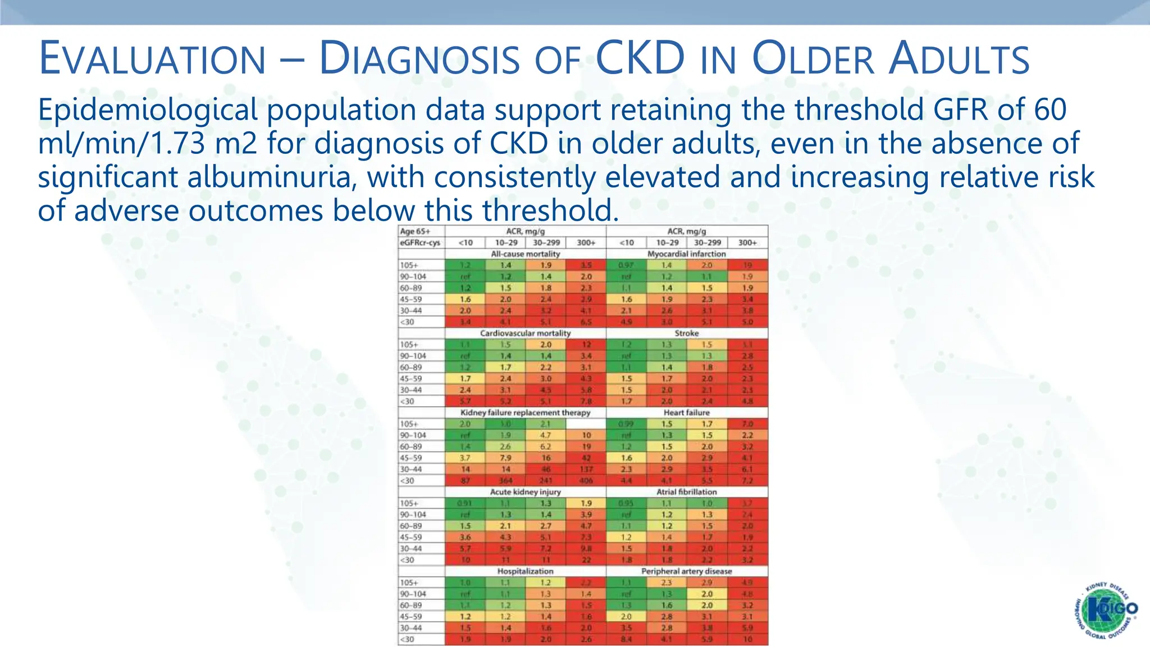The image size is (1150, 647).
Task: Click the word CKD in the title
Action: (640, 58)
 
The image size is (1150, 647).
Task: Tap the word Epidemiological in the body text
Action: (148, 110)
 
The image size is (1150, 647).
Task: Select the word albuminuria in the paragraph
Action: (274, 177)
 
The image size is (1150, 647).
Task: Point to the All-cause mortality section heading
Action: (525, 254)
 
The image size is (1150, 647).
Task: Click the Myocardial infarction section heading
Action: (686, 254)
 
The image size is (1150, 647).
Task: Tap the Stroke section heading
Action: (686, 333)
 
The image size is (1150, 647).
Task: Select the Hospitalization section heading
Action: (525, 571)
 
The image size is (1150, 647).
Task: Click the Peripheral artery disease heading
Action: (686, 571)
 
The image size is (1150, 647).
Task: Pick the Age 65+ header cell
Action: (415, 231)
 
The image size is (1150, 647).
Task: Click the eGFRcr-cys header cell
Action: (420, 243)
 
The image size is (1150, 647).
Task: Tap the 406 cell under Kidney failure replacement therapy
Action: (586, 481)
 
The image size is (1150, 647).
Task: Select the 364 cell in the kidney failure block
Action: (506, 481)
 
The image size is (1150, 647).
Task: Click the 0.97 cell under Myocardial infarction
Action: (626, 265)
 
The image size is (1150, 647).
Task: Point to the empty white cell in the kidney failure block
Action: (586, 424)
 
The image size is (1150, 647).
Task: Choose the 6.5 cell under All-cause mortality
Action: (586, 322)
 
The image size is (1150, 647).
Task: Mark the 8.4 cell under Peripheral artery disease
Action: (626, 639)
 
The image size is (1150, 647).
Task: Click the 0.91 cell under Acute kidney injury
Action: (466, 503)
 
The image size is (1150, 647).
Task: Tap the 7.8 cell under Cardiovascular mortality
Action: (586, 401)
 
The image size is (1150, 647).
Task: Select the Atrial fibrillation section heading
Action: (686, 492)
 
